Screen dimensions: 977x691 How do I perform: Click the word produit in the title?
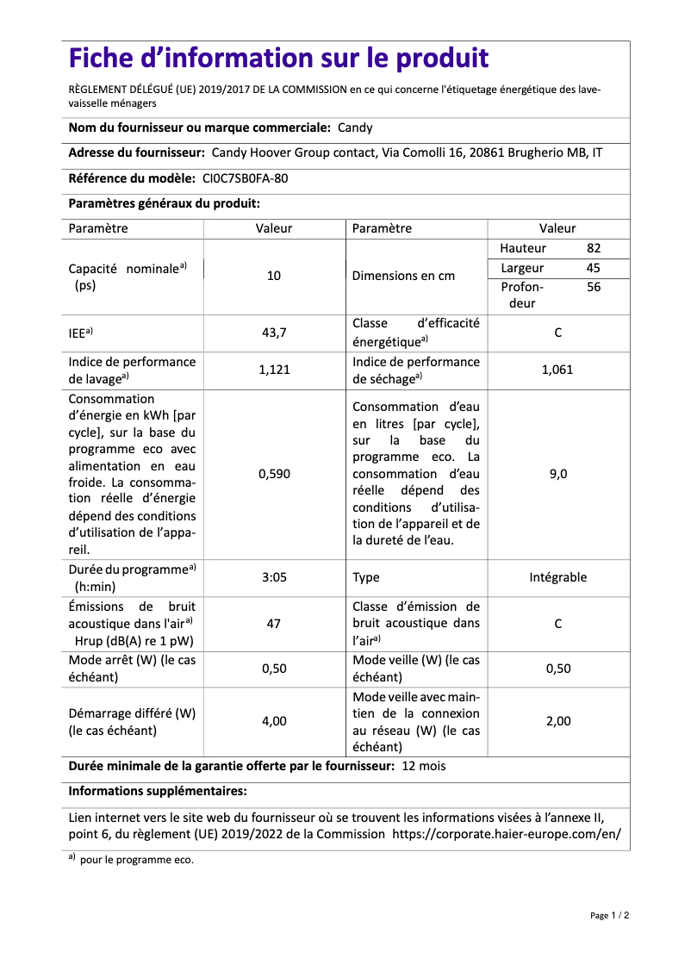pos(442,59)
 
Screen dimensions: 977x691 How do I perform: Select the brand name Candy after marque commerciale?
pos(355,128)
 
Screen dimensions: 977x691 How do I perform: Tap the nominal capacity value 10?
pos(274,277)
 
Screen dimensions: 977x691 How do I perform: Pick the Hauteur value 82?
pos(593,248)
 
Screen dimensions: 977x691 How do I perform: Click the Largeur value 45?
pos(593,268)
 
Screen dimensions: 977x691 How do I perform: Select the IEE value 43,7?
pos(274,332)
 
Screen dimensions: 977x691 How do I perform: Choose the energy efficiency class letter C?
pos(557,332)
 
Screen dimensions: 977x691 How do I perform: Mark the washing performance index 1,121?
pos(274,370)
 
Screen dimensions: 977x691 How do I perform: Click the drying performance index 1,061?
pos(557,370)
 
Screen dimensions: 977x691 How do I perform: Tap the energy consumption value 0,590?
pos(274,474)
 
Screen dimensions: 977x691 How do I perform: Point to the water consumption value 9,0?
pos(557,474)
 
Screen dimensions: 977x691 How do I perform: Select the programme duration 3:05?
pos(274,577)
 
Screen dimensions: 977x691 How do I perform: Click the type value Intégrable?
pos(557,577)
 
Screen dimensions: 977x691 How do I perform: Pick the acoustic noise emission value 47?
pos(274,623)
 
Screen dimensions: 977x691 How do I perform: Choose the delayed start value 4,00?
pos(274,721)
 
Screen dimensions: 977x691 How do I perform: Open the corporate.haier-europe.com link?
pos(507,834)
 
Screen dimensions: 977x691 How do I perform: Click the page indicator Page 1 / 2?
pos(609,915)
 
